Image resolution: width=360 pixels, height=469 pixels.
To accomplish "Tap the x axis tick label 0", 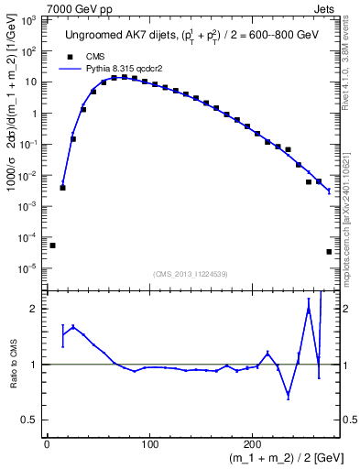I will click(47, 445).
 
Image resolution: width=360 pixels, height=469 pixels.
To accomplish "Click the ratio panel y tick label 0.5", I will click(30, 420).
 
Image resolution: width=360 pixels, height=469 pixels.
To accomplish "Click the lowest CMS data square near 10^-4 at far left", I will click(52, 245).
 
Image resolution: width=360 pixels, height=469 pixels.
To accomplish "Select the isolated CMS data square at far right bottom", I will click(329, 252).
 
